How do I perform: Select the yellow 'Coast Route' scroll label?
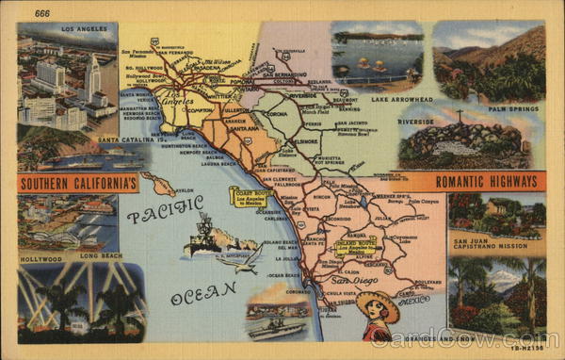248,196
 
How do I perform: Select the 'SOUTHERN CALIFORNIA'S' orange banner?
77,182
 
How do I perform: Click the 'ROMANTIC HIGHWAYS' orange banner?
476,181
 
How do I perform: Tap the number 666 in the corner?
41,13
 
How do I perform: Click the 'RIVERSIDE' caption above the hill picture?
415,122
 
